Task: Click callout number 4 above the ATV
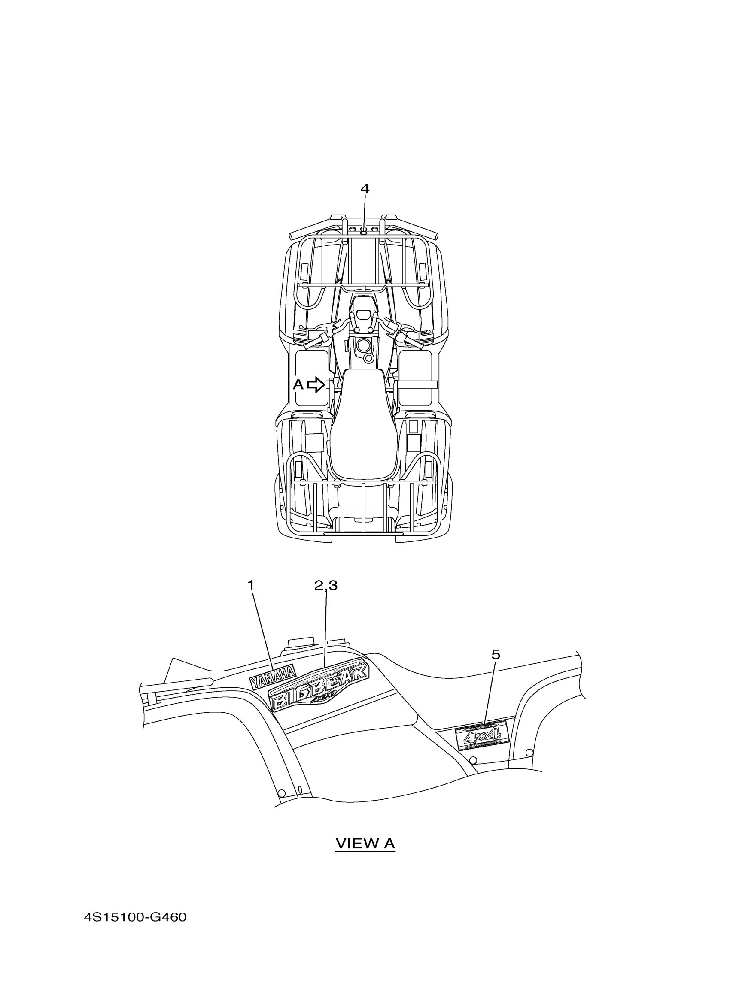pyautogui.click(x=364, y=189)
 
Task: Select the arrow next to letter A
pyautogui.click(x=316, y=384)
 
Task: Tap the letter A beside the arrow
pyautogui.click(x=298, y=384)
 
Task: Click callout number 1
pyautogui.click(x=251, y=585)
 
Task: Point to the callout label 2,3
pyautogui.click(x=325, y=585)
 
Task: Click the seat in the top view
pyautogui.click(x=362, y=426)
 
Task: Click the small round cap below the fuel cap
pyautogui.click(x=368, y=357)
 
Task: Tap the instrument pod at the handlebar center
pyautogui.click(x=362, y=318)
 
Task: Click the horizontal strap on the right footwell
pyautogui.click(x=418, y=384)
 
